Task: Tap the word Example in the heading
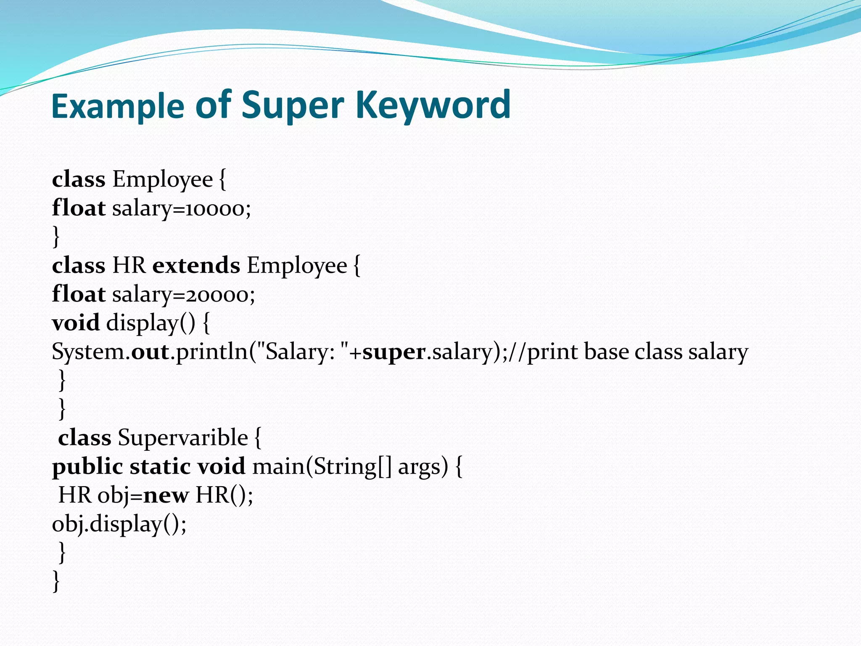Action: click(118, 106)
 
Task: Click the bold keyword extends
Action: click(196, 265)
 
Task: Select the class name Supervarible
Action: click(183, 438)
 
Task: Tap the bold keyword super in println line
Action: click(394, 352)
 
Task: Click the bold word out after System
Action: click(150, 352)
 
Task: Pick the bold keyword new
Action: click(166, 495)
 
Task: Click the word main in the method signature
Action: click(278, 467)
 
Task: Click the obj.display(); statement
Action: click(119, 524)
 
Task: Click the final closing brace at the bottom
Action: click(56, 581)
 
